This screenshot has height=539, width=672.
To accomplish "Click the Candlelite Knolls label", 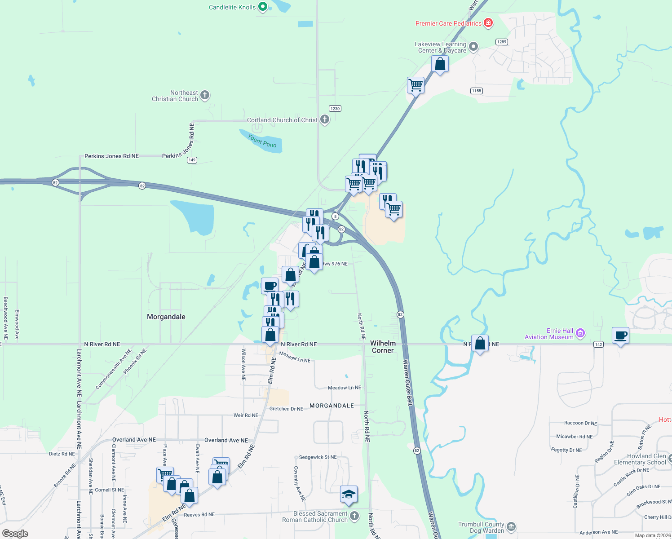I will (x=232, y=7).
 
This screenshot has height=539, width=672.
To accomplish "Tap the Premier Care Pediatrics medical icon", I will (x=488, y=23).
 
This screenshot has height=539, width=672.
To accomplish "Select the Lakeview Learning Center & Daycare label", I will (x=440, y=47).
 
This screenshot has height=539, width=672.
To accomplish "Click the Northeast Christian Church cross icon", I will (x=205, y=95).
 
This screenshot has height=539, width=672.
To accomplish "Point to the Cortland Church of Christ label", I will (x=282, y=120).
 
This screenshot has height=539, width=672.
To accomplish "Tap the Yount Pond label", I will (x=262, y=141).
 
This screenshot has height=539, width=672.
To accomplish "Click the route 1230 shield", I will (x=335, y=108).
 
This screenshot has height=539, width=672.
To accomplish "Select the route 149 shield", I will (x=192, y=160).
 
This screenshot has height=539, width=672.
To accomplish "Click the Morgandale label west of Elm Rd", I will (x=166, y=317).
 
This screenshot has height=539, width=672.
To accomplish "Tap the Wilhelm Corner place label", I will (x=383, y=346).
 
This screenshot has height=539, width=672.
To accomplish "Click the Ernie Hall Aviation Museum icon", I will (x=580, y=333).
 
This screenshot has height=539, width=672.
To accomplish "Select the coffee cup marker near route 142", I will (x=620, y=335).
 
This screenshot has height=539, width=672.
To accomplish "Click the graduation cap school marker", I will (x=349, y=494).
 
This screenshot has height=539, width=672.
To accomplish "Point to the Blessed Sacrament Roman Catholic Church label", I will (x=315, y=517).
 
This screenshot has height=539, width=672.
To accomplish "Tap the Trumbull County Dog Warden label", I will (x=481, y=527).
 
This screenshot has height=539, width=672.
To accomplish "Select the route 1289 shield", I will (x=502, y=42).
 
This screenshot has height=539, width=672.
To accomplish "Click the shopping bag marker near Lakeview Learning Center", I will (x=440, y=64).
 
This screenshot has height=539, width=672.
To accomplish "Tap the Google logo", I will (x=15, y=534).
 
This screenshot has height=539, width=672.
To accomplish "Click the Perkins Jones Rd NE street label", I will (x=112, y=156).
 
